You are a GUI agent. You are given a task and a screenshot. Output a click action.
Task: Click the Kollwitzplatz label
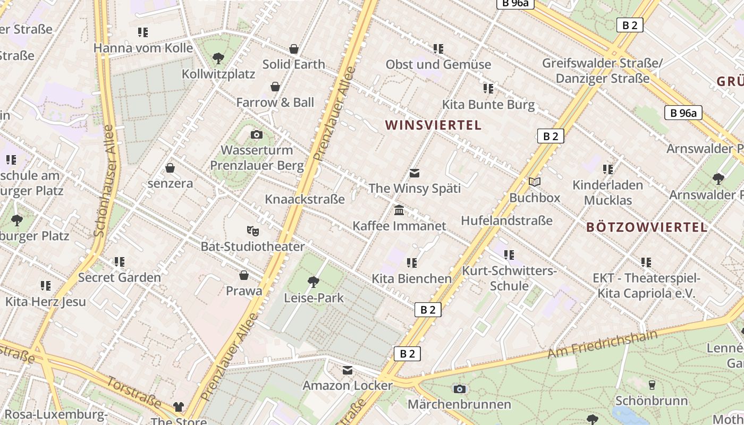[x=218, y=74]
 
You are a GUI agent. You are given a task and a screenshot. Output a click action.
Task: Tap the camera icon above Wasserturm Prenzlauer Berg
[x=257, y=134]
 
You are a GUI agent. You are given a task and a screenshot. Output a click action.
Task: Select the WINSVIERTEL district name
[x=433, y=125]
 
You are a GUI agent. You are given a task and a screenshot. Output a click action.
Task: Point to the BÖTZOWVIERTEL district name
[x=647, y=227]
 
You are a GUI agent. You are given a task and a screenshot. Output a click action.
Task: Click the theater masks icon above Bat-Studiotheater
[x=253, y=231]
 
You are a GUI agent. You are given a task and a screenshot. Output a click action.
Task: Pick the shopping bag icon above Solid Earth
[x=294, y=49]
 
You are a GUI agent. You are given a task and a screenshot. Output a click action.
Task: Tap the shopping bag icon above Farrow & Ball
[x=275, y=87]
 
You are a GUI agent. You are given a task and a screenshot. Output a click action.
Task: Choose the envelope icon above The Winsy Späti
[x=415, y=173]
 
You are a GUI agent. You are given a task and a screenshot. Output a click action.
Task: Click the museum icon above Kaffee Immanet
[x=399, y=211]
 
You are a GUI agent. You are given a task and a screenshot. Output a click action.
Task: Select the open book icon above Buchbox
[x=535, y=182]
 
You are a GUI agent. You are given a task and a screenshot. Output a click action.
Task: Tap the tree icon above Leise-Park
[x=314, y=282]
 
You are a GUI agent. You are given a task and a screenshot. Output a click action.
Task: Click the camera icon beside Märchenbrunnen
[x=460, y=389]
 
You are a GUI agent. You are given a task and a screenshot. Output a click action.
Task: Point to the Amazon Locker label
[x=348, y=386]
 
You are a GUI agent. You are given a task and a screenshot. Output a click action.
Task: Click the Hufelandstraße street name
[x=506, y=220]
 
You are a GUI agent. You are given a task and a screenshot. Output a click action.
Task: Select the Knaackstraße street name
[x=305, y=199]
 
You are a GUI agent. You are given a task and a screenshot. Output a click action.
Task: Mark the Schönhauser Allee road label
[x=104, y=181]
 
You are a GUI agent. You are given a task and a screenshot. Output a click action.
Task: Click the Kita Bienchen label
[x=411, y=278]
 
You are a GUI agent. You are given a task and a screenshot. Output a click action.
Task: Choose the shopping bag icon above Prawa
[x=244, y=275]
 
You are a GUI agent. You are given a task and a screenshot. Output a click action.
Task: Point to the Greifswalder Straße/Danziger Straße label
[x=602, y=71]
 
